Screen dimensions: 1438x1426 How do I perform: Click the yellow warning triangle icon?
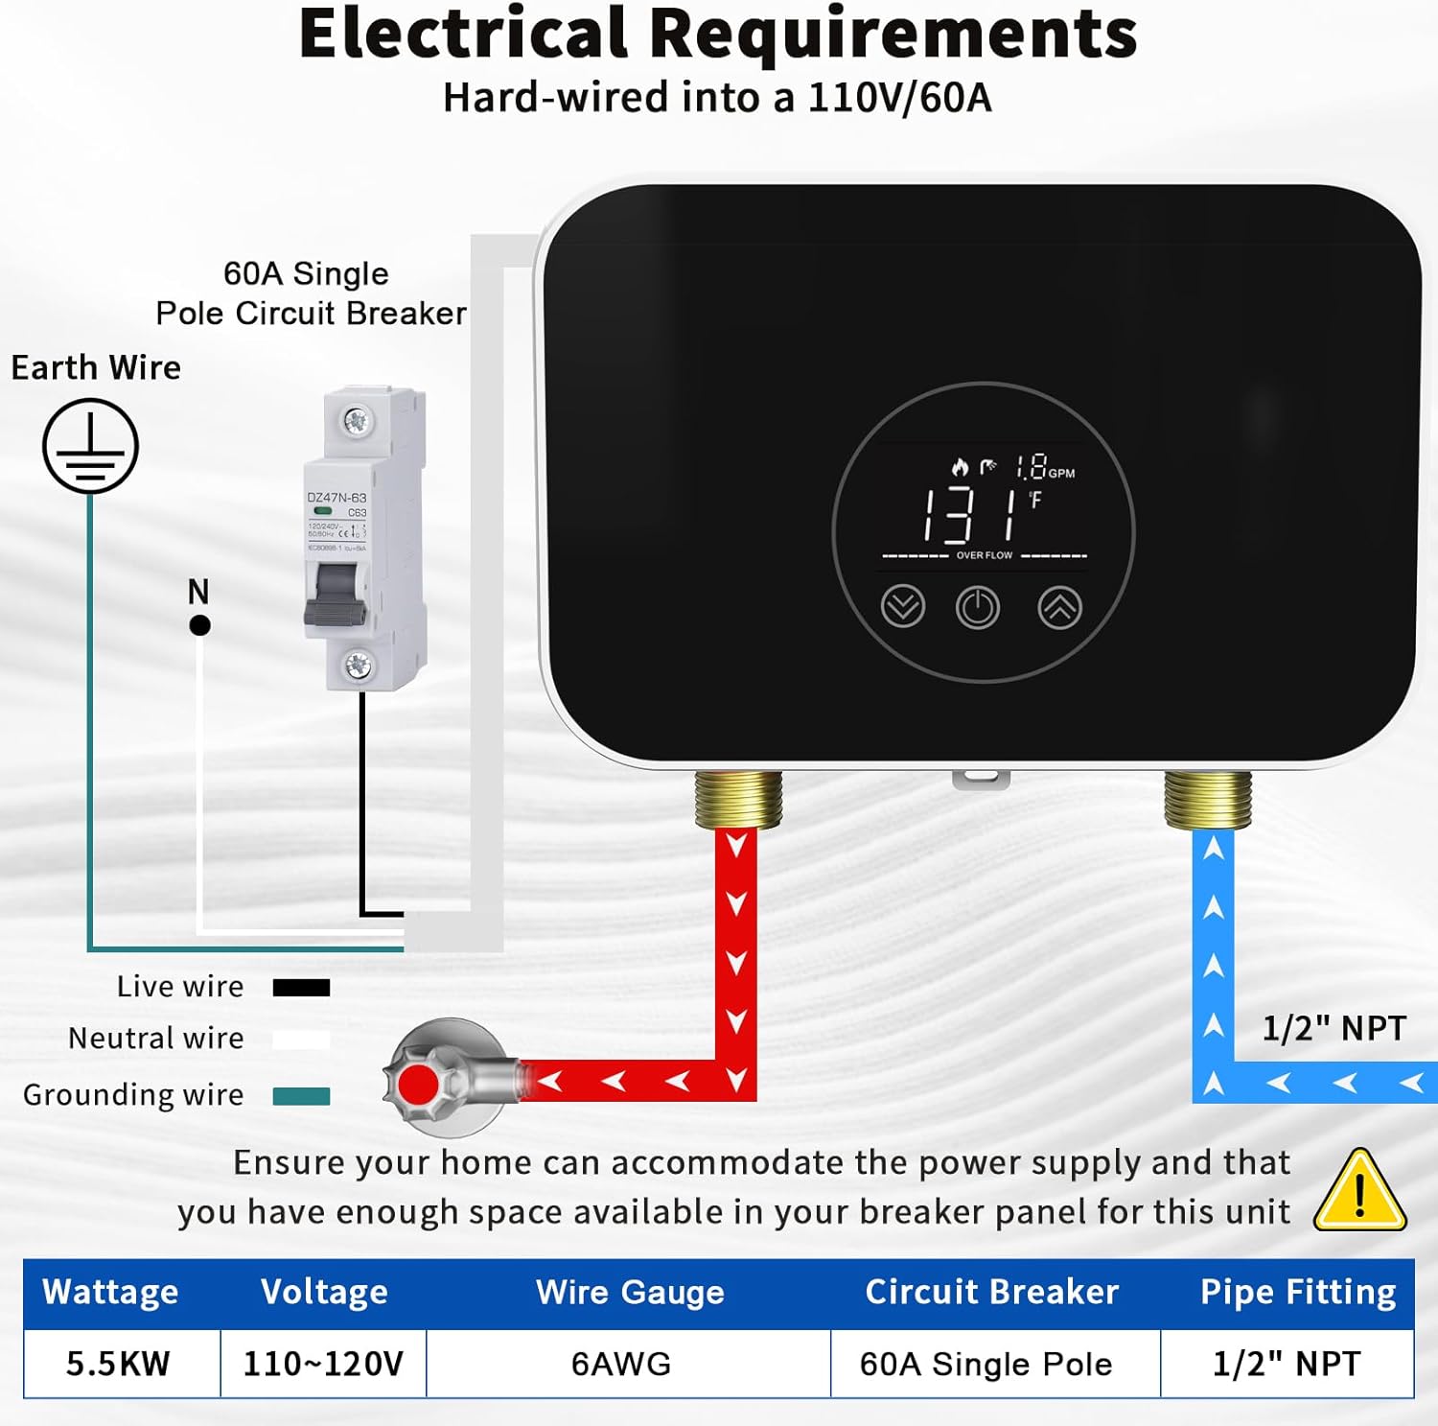coord(1359,1192)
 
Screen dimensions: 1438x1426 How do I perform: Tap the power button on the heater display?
coord(978,608)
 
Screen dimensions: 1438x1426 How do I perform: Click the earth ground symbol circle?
coord(90,447)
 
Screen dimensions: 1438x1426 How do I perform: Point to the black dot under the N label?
coord(199,626)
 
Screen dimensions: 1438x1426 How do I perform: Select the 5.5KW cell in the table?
coord(119,1363)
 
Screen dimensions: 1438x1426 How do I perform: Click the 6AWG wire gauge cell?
coord(621,1363)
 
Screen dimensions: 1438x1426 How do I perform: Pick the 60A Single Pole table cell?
coord(986,1363)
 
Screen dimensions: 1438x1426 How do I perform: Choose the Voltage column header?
coord(324,1292)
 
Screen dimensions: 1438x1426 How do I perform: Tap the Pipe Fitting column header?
coord(1297,1292)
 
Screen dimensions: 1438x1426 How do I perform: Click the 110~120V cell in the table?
coord(323,1363)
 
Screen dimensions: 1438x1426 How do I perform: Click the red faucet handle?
coord(419,1084)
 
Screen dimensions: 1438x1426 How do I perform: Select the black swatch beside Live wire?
coord(301,988)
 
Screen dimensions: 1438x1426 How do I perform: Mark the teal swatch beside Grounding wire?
coord(301,1096)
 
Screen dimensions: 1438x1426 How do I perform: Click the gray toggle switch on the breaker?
coord(336,595)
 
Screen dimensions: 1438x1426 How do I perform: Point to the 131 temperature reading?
coord(968,515)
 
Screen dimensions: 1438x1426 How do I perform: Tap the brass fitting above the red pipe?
coord(737,798)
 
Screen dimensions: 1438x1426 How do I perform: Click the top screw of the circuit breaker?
coord(356,420)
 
